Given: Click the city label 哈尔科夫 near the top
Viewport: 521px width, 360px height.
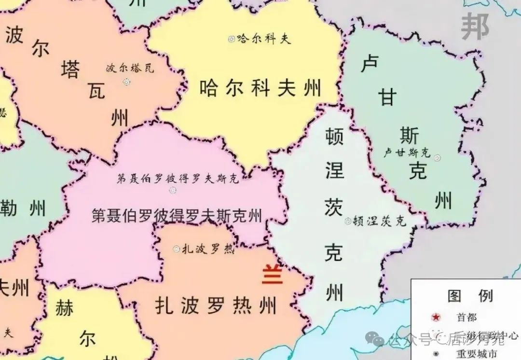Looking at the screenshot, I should [264, 39].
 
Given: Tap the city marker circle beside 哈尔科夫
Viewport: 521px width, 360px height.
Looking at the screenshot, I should [232, 39].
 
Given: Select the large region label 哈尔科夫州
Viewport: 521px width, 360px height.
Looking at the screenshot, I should [260, 89].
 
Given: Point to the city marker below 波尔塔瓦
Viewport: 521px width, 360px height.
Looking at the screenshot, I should [126, 82].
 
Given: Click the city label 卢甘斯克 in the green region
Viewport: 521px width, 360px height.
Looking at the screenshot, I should [406, 153].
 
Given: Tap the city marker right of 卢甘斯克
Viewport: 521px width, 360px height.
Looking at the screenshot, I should [437, 157].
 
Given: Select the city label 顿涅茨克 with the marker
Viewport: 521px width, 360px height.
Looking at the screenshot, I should [379, 221].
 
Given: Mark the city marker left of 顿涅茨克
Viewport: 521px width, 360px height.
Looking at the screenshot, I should [348, 222].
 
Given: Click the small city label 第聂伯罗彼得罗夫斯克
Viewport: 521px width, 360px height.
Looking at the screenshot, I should [178, 179].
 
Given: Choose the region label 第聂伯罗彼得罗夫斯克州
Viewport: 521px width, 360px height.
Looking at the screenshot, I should [177, 216].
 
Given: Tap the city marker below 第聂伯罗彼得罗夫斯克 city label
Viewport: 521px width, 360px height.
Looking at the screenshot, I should [173, 190].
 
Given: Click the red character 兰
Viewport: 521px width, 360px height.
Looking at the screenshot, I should [272, 276].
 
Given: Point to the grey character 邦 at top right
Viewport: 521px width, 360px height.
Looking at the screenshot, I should [475, 27].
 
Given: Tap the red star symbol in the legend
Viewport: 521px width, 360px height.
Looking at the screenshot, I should [436, 317].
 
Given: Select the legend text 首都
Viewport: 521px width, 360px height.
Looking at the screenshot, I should [467, 317].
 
